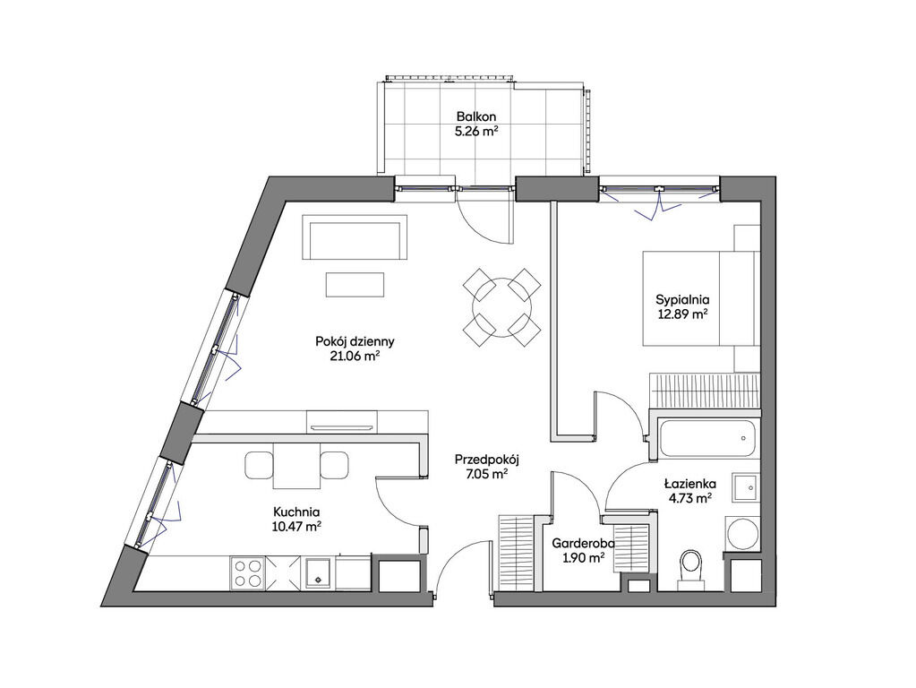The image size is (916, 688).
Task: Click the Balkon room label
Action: [476, 116]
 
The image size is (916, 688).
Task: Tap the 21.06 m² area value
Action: [355, 356]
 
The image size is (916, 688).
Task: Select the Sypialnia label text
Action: [682, 300]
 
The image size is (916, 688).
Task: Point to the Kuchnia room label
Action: [296, 512]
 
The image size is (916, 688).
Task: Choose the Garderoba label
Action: [583, 544]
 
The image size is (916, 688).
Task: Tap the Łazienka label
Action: [690, 484]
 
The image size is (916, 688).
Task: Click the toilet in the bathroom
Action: [691, 566]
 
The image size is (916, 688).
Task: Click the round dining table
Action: [501, 307]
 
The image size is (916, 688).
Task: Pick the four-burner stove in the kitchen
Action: [248, 572]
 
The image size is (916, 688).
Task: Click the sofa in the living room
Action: [355, 237]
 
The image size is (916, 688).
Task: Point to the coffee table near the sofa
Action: [355, 285]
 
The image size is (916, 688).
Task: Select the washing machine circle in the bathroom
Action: [742, 532]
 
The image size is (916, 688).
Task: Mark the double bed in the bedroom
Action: [701, 298]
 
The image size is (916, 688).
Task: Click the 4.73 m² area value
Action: [690, 498]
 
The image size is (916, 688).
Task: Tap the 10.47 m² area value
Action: [296, 526]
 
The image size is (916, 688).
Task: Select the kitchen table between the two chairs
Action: [296, 465]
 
